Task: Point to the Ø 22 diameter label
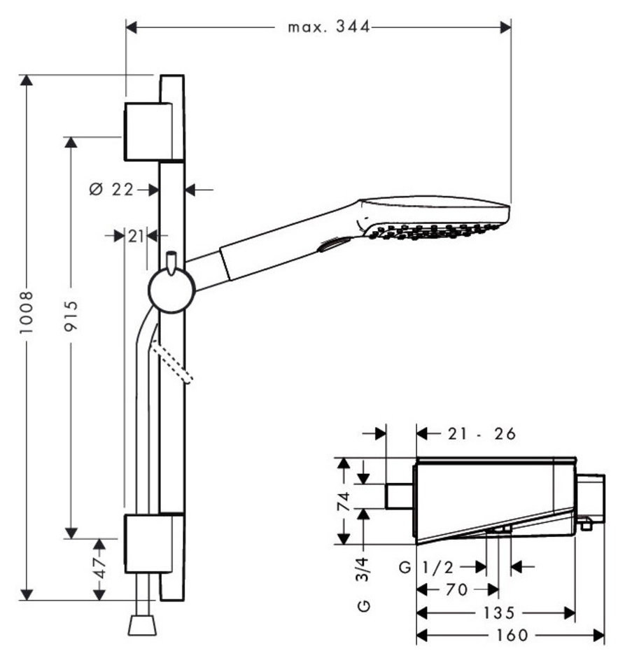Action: click(111, 189)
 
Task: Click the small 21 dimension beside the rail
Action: click(136, 236)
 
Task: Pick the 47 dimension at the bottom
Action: click(100, 568)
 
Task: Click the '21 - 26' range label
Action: click(482, 434)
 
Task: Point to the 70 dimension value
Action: click(456, 590)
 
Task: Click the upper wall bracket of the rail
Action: click(148, 131)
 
